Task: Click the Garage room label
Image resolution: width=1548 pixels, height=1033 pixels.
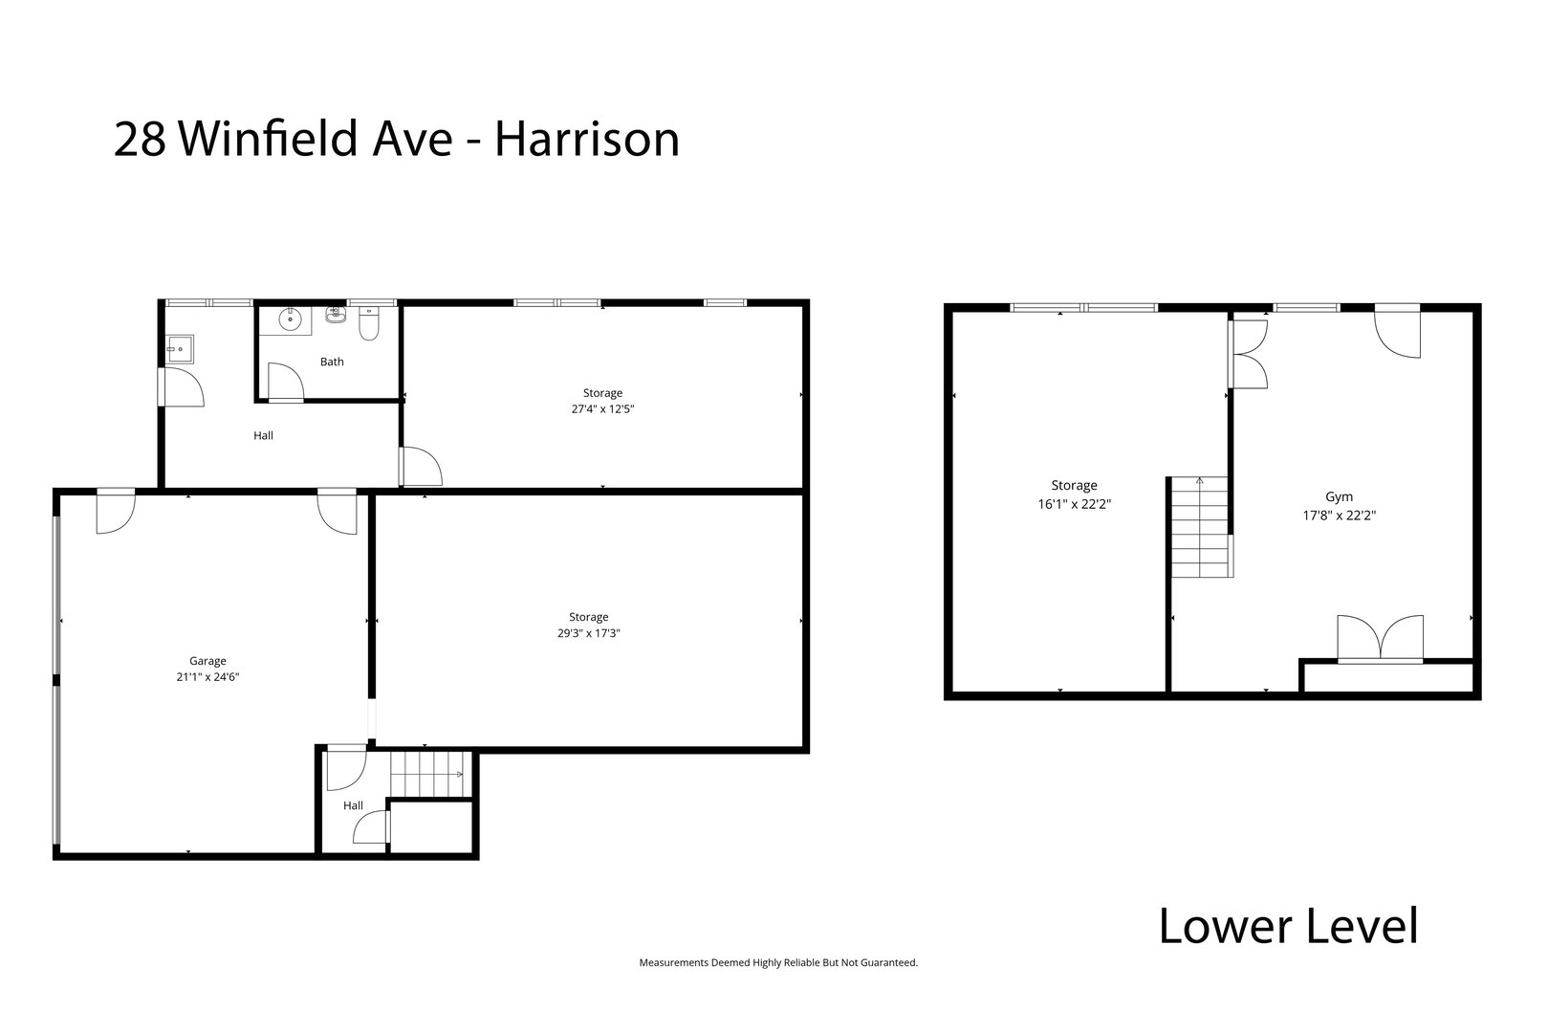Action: pos(207,661)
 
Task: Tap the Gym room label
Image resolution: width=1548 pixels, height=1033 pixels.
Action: pos(1339,497)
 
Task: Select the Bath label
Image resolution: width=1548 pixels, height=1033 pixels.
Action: pos(332,362)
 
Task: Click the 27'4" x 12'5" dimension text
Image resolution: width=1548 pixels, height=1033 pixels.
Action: pos(602,408)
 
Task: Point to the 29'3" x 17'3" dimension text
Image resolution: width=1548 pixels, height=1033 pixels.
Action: pos(589,632)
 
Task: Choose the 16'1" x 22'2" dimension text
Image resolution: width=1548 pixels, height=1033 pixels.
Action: pos(1074,502)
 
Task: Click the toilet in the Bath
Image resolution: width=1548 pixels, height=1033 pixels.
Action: pos(369,326)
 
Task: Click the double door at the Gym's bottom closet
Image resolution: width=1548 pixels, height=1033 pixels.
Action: pos(1380,639)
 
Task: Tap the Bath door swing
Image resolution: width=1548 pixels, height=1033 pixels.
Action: pos(285,382)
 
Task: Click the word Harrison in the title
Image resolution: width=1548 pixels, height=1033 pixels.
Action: pos(587,140)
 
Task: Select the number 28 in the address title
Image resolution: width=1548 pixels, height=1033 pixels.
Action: pos(142,140)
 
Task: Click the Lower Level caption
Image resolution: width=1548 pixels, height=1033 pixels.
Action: pos(1288,926)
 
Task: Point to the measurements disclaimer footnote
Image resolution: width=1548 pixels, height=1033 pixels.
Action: pos(777,963)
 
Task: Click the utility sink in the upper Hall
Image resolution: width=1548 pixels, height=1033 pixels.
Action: pos(180,349)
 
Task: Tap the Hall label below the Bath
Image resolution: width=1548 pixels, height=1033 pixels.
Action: pos(263,435)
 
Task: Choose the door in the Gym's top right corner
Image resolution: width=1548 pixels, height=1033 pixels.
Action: pos(1397,332)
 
